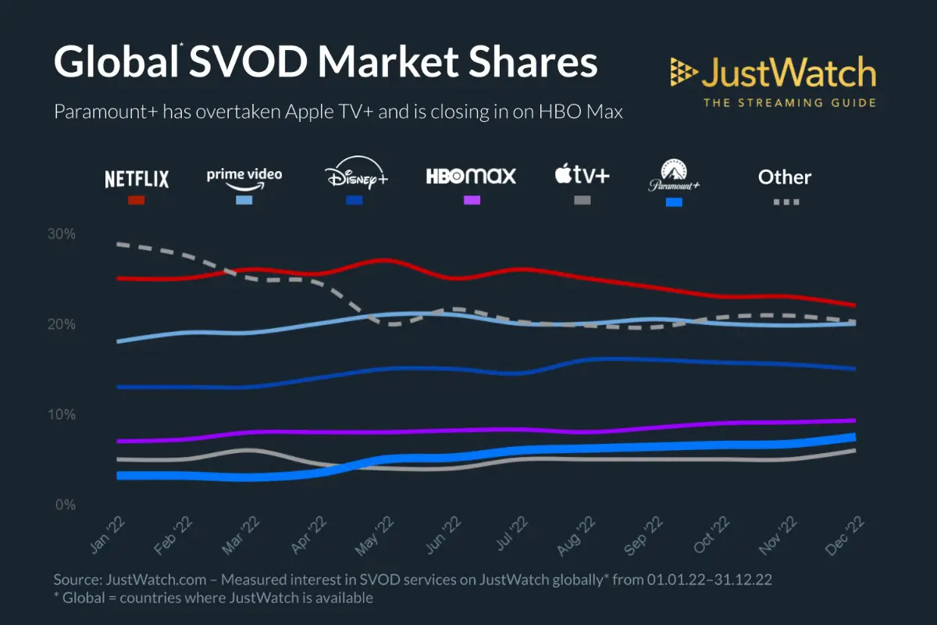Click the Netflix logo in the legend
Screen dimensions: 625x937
pos(137,179)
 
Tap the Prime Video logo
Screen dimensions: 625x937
pos(244,176)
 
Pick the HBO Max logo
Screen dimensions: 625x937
pos(471,176)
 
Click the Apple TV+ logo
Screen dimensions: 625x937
pos(582,175)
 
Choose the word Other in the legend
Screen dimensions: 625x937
pos(785,177)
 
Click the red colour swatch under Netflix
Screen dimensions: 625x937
pos(137,201)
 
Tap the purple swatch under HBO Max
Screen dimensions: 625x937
pos(472,201)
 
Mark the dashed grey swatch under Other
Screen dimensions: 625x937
pos(786,202)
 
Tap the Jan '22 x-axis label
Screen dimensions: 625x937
pos(106,537)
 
